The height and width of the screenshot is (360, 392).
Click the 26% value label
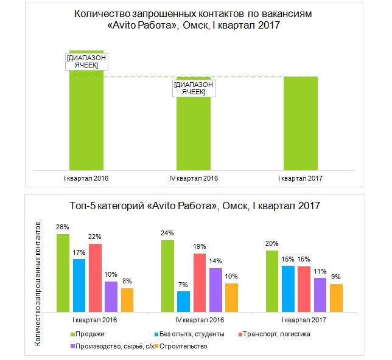click(63, 227)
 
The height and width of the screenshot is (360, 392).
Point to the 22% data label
click(94, 237)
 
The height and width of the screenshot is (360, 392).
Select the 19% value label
click(199, 247)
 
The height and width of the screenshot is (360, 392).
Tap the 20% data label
click(271, 244)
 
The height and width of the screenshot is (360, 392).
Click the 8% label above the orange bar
click(127, 282)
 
